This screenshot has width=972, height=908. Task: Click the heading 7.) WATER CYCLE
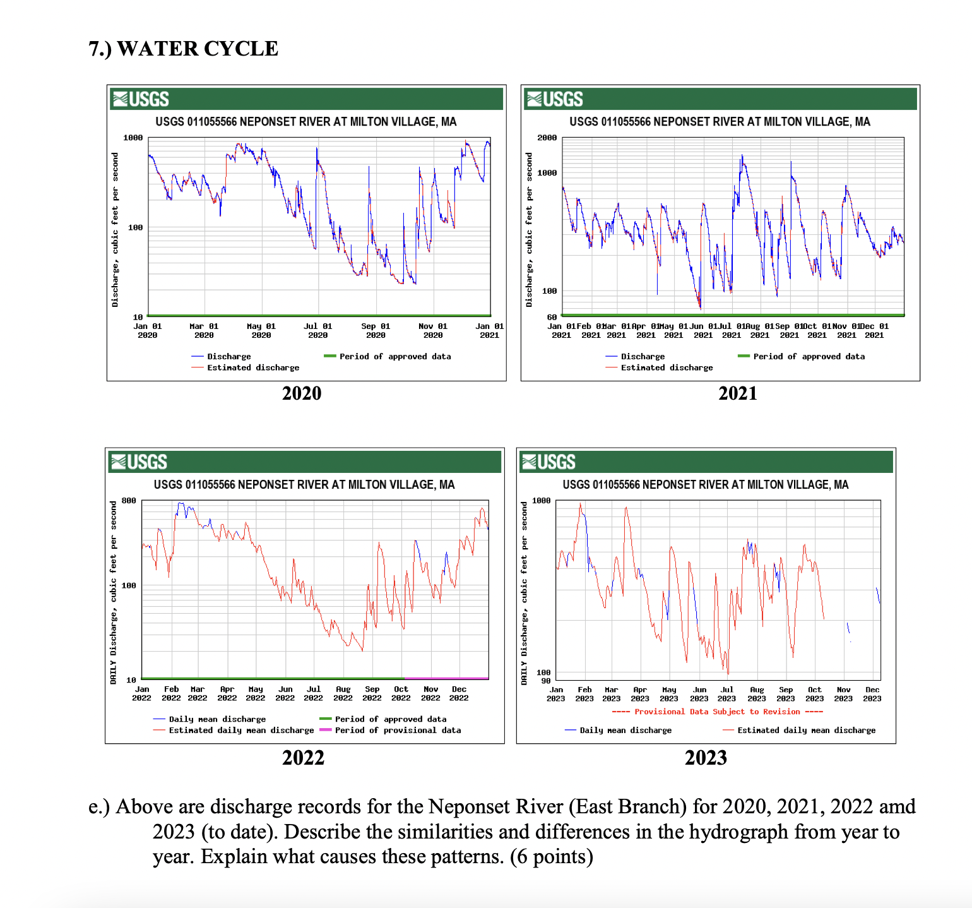tap(183, 49)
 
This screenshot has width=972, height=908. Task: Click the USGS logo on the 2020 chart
tap(141, 99)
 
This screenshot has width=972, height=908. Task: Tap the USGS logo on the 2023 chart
tap(548, 462)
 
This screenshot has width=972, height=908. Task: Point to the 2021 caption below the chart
tap(737, 393)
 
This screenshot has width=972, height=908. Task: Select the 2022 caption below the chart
tap(303, 758)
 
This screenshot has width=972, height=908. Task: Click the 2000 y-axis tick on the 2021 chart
tap(547, 138)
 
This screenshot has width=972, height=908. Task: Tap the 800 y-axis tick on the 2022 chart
tap(129, 501)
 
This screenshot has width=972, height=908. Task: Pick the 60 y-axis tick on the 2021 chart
tap(552, 317)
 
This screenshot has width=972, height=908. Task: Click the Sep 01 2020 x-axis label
tap(376, 331)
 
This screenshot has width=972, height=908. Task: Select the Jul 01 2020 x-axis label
tap(318, 331)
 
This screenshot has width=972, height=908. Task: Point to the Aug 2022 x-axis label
tap(343, 694)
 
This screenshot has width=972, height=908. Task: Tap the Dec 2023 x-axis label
tap(872, 694)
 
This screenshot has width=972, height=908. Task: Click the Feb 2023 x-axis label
tap(584, 694)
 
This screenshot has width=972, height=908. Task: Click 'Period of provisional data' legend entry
tap(398, 730)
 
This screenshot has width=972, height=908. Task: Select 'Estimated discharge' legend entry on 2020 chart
tap(253, 367)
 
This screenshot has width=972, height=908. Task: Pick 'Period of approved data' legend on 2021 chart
tap(809, 357)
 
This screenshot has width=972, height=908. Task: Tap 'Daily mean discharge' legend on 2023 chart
tap(625, 731)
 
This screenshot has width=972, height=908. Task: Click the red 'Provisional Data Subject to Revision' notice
tap(717, 712)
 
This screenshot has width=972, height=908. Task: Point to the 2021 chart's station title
tap(720, 122)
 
